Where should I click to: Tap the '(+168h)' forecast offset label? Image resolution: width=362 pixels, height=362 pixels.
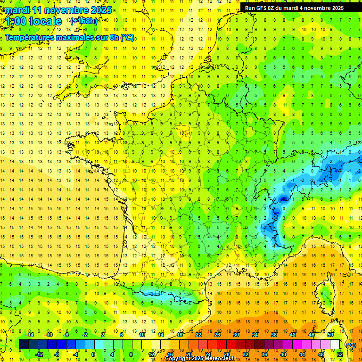[83, 21]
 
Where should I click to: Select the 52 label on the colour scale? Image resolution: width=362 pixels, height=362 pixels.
[340, 354]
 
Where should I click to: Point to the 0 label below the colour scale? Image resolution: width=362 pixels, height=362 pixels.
[93, 354]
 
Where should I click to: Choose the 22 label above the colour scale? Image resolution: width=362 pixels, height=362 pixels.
[198, 334]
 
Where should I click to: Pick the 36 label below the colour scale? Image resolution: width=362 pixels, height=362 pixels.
[264, 354]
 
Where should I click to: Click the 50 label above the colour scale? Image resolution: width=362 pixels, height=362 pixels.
[330, 334]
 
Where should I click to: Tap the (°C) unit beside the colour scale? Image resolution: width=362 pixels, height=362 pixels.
[351, 345]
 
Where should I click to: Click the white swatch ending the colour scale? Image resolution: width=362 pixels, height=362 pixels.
[335, 345]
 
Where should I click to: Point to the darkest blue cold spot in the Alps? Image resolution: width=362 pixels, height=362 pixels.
[283, 199]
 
